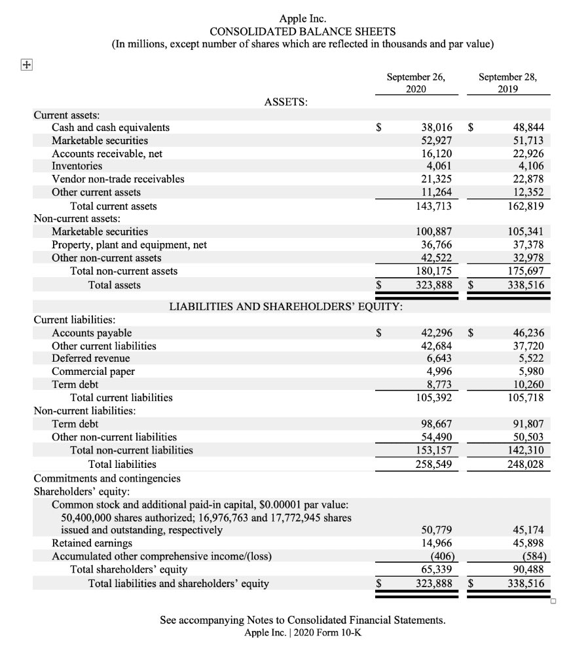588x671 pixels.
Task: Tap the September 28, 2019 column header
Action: tap(507, 83)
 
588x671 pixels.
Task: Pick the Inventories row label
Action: tap(77, 166)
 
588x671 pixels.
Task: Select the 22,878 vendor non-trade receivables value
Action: tap(526, 179)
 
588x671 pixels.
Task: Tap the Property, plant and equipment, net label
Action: tap(129, 244)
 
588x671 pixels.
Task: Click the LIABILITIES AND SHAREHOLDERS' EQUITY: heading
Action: tap(286, 306)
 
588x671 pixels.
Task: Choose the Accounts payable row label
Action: tap(92, 333)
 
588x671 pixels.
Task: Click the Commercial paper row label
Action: tap(93, 372)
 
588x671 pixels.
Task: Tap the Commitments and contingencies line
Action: tap(107, 478)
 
